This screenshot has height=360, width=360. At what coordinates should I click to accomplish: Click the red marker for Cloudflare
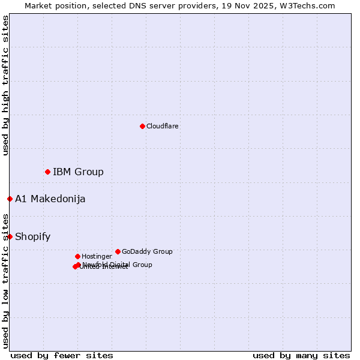(142, 126)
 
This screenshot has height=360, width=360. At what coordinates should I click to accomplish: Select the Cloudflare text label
(162, 126)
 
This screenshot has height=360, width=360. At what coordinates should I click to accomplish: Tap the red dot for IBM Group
(47, 172)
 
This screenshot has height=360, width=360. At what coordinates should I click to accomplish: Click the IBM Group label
(78, 172)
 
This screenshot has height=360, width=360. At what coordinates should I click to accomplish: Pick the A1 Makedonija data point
(10, 199)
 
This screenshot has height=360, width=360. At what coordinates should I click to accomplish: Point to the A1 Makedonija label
(50, 199)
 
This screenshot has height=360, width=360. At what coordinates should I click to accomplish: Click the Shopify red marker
(10, 236)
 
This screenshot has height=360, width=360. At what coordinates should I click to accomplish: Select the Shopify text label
(32, 236)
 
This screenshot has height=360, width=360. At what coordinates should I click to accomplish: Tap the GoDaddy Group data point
(118, 251)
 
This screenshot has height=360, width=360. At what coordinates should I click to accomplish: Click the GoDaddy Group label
(147, 251)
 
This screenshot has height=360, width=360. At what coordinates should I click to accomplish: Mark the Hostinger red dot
(77, 256)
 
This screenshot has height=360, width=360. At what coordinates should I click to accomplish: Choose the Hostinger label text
(97, 256)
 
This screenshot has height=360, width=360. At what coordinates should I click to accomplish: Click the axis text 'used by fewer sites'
(62, 355)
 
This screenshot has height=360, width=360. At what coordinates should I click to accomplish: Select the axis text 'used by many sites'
(301, 355)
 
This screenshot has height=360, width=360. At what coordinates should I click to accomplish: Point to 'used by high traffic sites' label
(5, 85)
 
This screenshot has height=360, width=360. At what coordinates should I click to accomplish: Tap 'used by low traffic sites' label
(5, 280)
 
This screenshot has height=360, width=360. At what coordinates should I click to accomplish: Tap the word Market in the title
(39, 5)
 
